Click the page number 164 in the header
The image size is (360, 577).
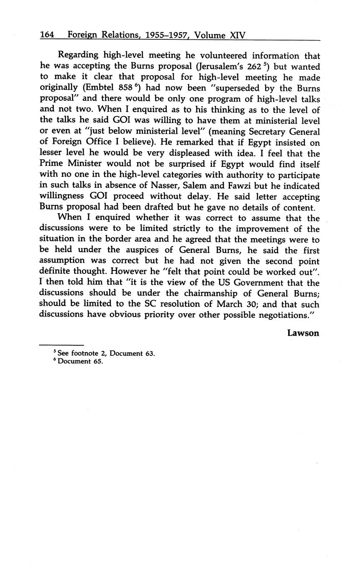click(47, 35)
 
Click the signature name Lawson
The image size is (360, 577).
click(303, 333)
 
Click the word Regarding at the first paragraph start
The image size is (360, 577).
click(78, 56)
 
